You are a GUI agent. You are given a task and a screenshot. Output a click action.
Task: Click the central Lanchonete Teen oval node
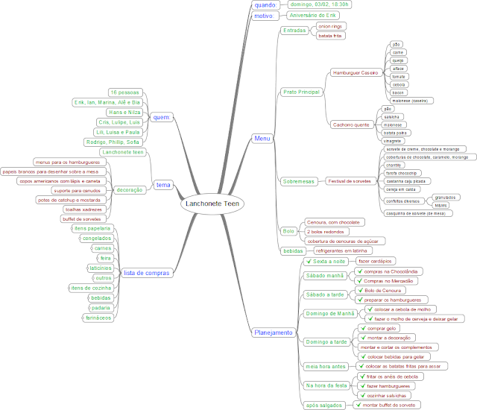pos(212,204)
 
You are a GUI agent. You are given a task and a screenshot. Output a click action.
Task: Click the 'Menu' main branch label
pos(262,138)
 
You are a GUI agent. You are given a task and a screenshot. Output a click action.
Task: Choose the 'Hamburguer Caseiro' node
pos(357,73)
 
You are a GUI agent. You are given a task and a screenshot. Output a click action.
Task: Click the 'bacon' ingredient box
pos(398,92)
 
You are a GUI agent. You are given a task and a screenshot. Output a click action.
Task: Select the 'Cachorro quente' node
pos(352,124)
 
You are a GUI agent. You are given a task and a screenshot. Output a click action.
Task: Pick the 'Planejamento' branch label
pos(274,332)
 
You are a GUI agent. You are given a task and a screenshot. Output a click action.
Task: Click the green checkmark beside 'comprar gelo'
pos(361,328)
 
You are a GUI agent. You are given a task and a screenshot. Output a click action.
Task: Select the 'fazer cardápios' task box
pos(375,261)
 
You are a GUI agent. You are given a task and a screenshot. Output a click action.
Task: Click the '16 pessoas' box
pos(124,92)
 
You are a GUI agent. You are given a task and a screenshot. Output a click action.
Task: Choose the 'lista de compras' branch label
pos(145,273)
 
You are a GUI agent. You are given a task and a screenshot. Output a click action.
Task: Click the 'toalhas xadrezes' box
pos(82,209)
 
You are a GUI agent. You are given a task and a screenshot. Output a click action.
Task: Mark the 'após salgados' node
pos(323,405)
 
